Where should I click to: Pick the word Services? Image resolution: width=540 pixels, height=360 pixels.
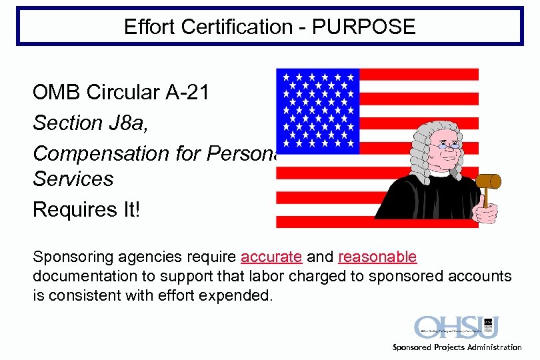(x=73, y=179)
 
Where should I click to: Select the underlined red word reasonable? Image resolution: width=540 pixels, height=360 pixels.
(x=377, y=257)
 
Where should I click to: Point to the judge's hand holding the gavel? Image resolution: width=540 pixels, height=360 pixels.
(x=485, y=213)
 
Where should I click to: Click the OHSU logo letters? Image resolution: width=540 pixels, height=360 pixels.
(x=447, y=327)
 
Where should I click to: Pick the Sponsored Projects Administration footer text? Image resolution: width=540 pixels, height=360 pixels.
(x=457, y=347)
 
